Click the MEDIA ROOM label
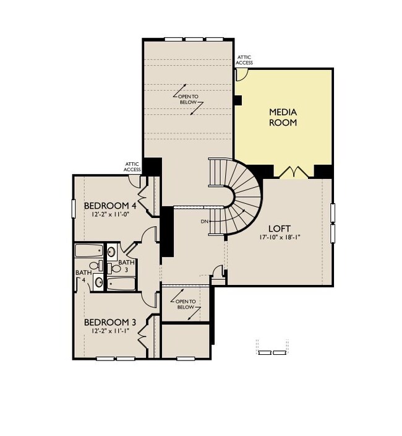click(283, 117)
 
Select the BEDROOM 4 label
click(110, 206)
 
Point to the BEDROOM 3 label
click(110, 322)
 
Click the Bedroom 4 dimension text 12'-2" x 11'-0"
click(110, 215)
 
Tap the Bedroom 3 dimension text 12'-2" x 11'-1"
click(110, 331)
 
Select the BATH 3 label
click(127, 266)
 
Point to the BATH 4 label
click(82, 276)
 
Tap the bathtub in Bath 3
click(121, 284)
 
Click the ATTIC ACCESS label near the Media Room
click(244, 60)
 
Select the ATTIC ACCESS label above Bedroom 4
click(133, 167)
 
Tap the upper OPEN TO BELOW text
click(188, 99)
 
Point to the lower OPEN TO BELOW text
click(186, 304)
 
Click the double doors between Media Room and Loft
click(292, 172)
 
